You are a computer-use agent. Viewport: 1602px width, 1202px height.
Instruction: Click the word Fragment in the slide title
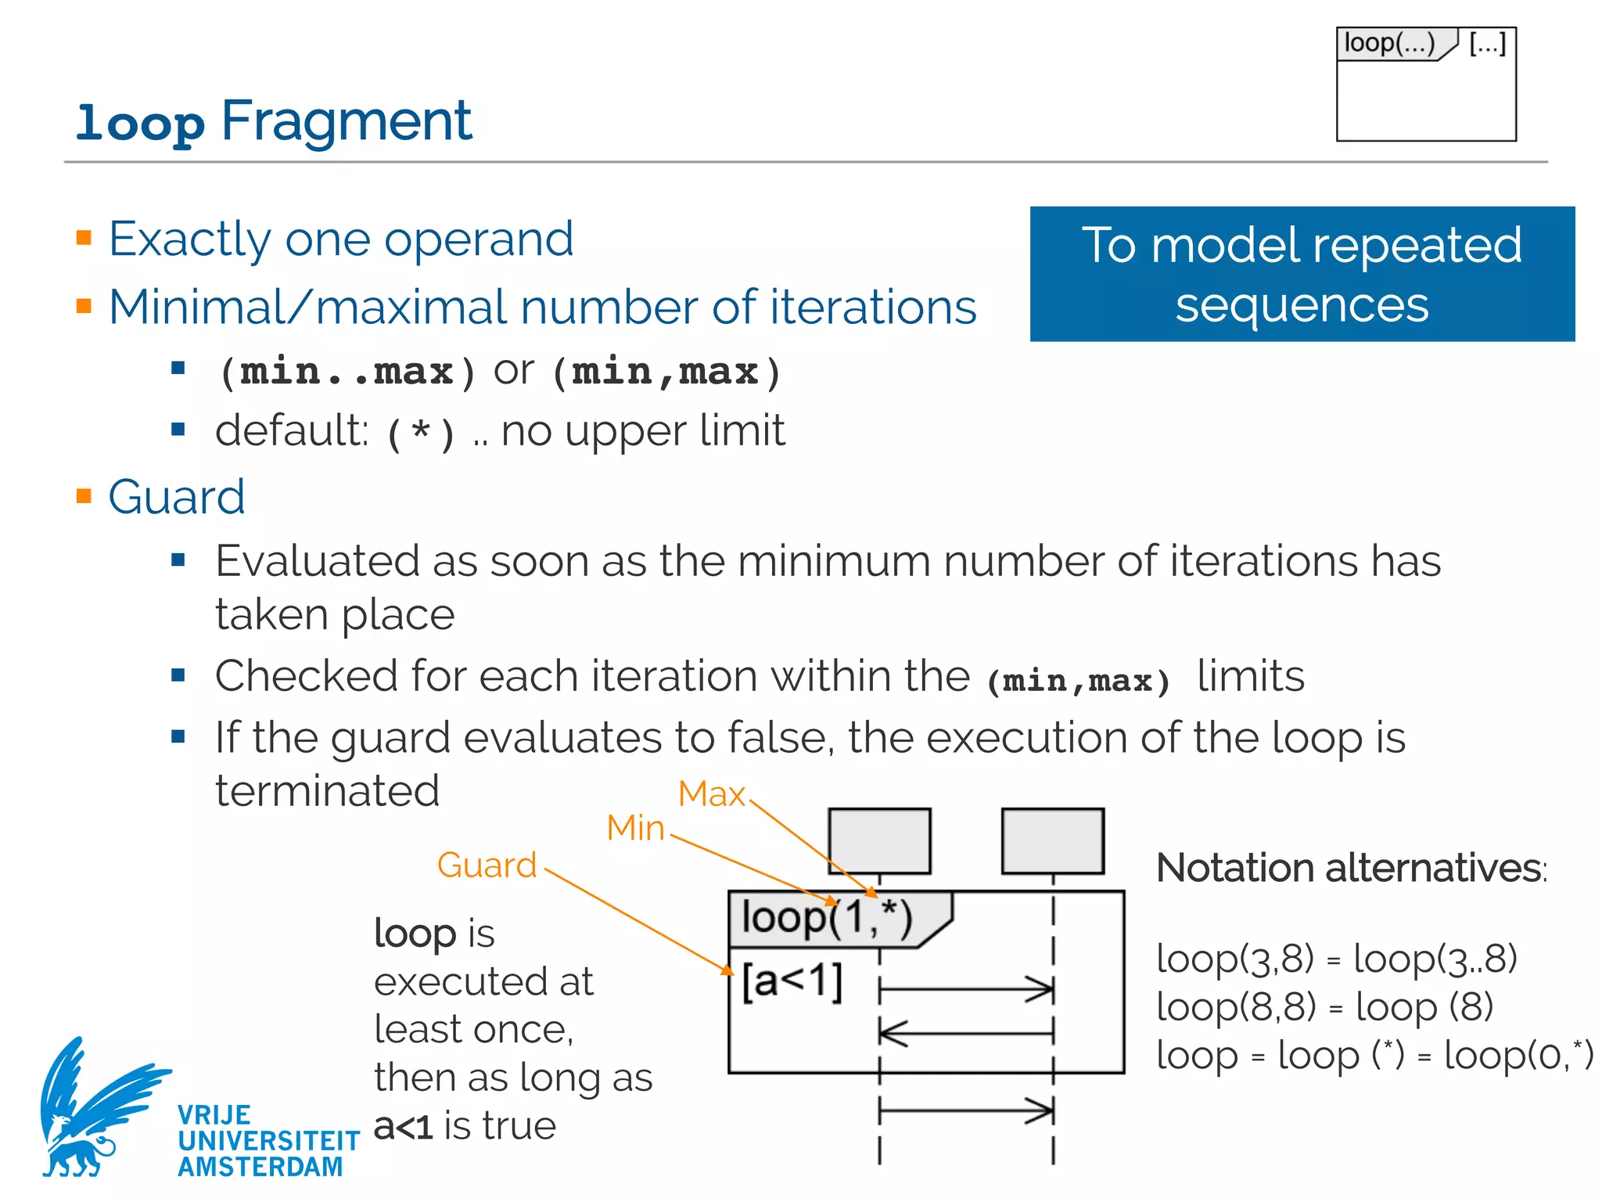pyautogui.click(x=347, y=121)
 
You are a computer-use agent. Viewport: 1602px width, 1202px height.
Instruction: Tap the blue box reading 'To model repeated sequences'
pyautogui.click(x=1302, y=274)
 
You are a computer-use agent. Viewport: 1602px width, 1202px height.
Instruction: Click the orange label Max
pyautogui.click(x=711, y=794)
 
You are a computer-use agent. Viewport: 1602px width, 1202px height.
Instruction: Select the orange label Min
pyautogui.click(x=635, y=828)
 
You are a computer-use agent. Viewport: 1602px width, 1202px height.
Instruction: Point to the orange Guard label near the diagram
pyautogui.click(x=487, y=866)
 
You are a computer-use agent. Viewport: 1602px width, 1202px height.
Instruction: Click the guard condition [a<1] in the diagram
pyautogui.click(x=792, y=981)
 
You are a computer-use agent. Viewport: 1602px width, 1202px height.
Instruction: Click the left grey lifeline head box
pyautogui.click(x=879, y=841)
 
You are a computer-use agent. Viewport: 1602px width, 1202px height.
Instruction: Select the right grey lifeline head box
pyautogui.click(x=1053, y=841)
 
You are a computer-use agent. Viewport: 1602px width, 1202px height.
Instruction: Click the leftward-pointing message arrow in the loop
pyautogui.click(x=966, y=1033)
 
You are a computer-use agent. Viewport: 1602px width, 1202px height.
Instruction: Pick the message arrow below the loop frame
pyautogui.click(x=966, y=1110)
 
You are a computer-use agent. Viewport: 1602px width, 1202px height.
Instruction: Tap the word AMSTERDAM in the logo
pyautogui.click(x=260, y=1167)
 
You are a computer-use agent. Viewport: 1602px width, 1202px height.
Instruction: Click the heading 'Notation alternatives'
pyautogui.click(x=1351, y=868)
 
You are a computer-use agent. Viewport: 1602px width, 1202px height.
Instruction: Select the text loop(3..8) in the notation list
pyautogui.click(x=1435, y=959)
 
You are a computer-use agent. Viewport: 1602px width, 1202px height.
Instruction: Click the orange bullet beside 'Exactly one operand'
pyautogui.click(x=84, y=238)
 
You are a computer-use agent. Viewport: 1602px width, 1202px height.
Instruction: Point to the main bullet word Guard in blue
pyautogui.click(x=177, y=497)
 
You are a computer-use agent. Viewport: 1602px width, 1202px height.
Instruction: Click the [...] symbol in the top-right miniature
pyautogui.click(x=1487, y=44)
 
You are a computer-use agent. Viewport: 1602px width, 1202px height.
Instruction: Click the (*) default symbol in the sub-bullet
pyautogui.click(x=421, y=433)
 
